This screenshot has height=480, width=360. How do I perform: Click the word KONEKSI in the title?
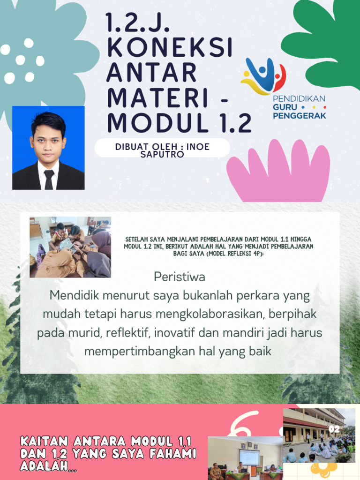(x=169, y=47)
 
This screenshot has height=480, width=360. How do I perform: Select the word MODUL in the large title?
(x=157, y=123)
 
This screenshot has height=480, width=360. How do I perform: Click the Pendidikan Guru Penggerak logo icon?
(x=263, y=75)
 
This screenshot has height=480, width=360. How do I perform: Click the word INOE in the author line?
(x=198, y=147)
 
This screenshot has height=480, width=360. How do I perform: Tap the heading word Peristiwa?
(x=180, y=277)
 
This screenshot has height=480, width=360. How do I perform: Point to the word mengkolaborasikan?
(x=205, y=314)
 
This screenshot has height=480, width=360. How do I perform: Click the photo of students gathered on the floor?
(x=70, y=247)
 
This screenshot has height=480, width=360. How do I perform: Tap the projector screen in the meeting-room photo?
(x=249, y=456)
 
